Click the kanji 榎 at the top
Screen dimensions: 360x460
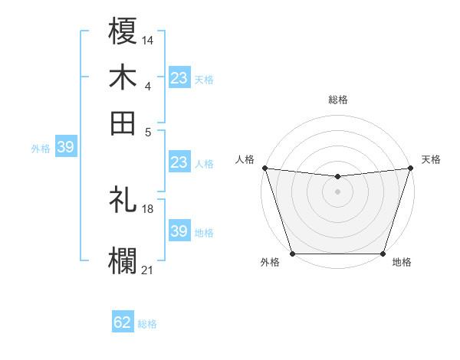tap(123, 33)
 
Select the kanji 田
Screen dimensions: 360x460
tap(123, 123)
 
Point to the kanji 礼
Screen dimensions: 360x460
tap(123, 200)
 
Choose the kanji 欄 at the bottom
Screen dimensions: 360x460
tap(123, 259)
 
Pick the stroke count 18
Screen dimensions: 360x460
tap(148, 208)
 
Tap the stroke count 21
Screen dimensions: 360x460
tap(148, 268)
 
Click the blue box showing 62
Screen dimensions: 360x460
tap(123, 322)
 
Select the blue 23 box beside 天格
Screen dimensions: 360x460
tap(179, 78)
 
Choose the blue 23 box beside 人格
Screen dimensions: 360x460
tap(179, 162)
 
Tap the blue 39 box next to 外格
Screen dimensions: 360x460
tap(65, 148)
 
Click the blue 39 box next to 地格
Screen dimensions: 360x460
tap(179, 231)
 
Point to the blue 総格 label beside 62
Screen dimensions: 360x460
tap(147, 324)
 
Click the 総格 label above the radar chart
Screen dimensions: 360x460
tap(337, 100)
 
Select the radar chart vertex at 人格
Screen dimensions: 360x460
tap(264, 168)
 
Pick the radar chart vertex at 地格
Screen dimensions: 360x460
tap(383, 254)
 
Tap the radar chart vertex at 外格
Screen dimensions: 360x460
tap(292, 254)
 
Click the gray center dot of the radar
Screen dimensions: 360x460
tap(337, 191)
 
